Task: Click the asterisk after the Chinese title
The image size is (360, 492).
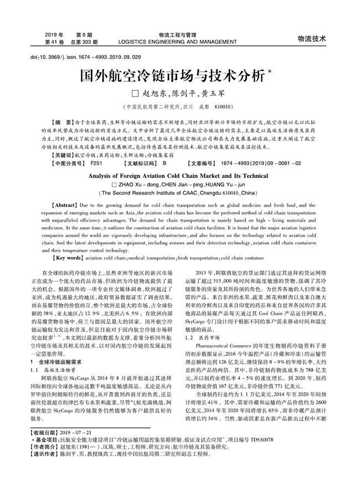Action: pyautogui.click(x=270, y=70)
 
